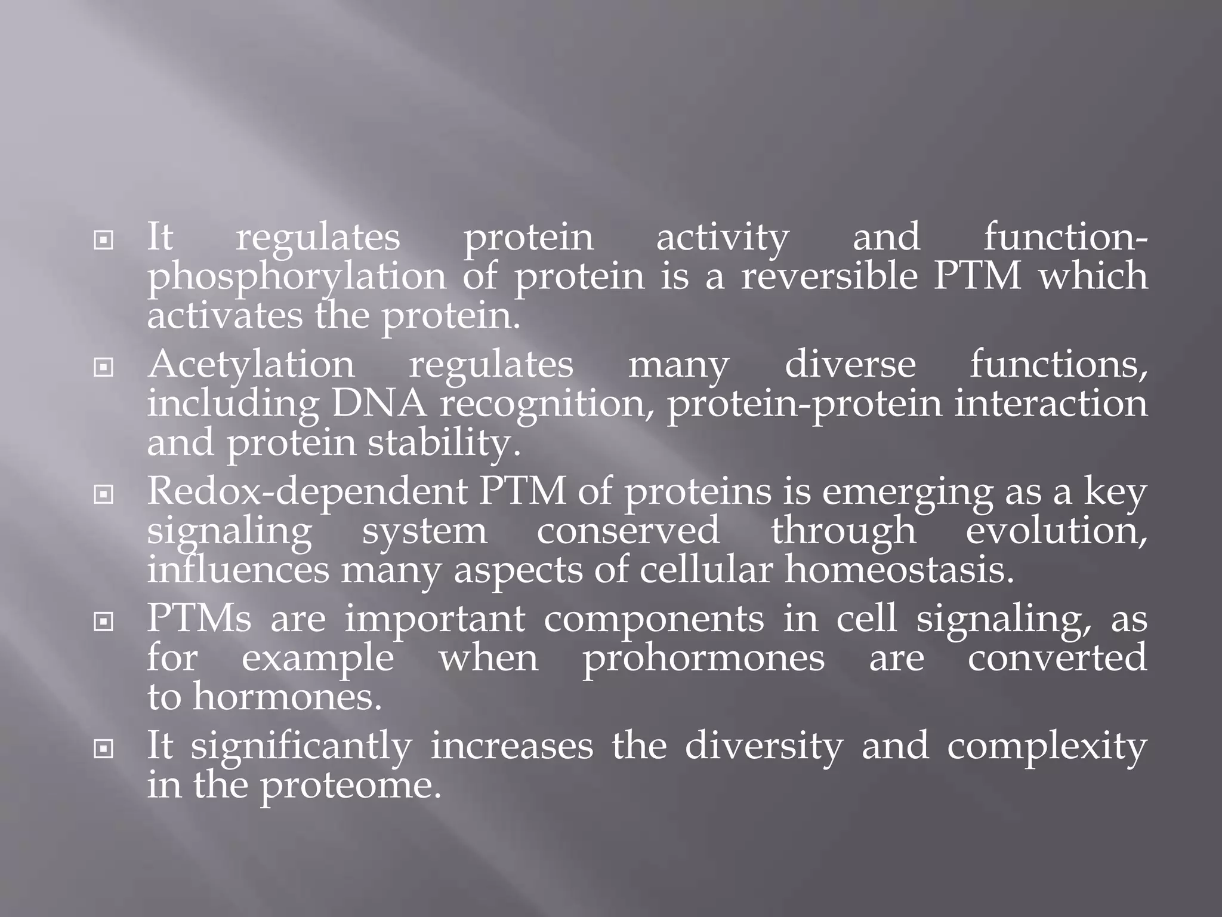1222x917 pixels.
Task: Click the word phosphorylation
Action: coord(297,278)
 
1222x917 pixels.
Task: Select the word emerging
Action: coord(907,493)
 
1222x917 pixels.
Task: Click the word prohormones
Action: coord(703,658)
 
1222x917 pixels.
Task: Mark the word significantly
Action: coord(301,747)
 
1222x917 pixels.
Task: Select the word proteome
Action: coord(351,785)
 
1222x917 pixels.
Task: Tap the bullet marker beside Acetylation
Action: coord(104,367)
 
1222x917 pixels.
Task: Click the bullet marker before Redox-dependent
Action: coord(104,494)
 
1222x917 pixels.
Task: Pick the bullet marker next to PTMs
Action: coord(104,622)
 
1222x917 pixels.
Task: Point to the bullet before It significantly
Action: coord(104,748)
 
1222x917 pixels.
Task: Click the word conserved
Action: coord(628,531)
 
